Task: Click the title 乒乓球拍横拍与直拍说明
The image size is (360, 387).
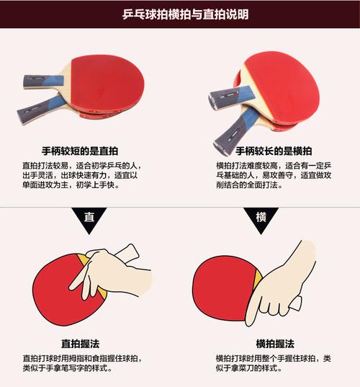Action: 180,14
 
